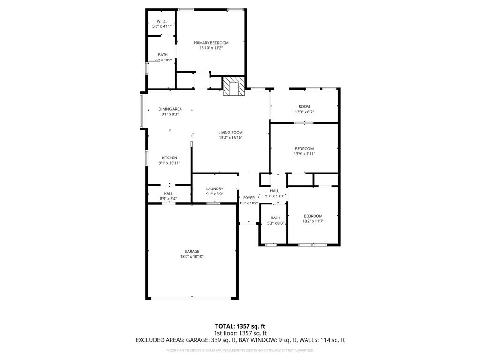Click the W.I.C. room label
(162, 21)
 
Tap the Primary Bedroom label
(211, 43)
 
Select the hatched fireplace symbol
(233, 87)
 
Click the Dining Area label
(170, 109)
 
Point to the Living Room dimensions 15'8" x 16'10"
(230, 138)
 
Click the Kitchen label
(169, 157)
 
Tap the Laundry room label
(214, 188)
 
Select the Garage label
(192, 251)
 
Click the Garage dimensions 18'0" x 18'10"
(192, 257)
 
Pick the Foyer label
(248, 198)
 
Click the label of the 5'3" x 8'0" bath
(275, 217)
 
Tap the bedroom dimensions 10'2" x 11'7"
(313, 221)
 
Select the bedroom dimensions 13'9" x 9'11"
(304, 154)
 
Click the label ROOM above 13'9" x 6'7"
(304, 106)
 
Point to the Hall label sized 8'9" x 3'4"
(168, 193)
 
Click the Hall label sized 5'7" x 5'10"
(275, 191)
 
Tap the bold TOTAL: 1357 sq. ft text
(240, 326)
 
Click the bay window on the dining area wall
(142, 111)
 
